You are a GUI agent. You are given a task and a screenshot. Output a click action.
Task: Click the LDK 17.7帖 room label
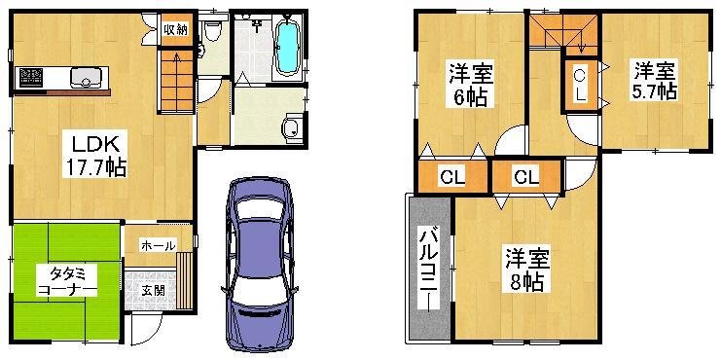94,155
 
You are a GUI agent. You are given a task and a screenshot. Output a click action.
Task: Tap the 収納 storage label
175,28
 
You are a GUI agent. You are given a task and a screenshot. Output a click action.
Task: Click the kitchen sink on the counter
82,77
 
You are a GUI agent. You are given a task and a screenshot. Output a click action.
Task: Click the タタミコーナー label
66,282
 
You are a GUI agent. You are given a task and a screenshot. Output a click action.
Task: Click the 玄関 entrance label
153,289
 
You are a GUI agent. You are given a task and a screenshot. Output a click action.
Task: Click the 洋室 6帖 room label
470,85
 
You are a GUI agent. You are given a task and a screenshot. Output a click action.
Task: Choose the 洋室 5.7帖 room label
655,81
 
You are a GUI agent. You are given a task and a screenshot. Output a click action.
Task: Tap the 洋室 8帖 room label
526,269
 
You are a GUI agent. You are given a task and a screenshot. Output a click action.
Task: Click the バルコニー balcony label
428,269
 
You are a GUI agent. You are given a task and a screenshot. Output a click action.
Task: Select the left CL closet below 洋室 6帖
451,177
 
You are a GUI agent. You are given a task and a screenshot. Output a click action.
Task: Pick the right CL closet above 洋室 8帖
525,177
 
